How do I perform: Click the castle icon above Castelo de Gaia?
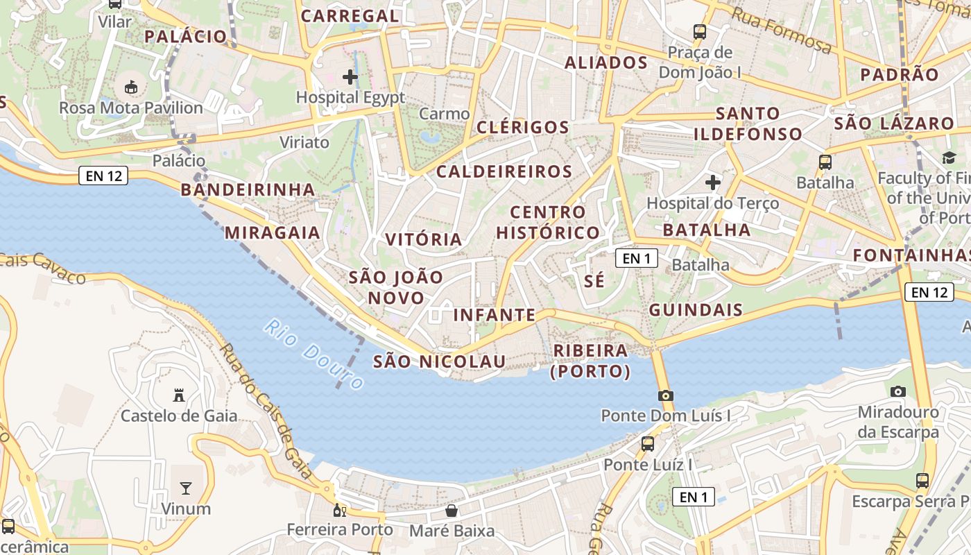[179, 395]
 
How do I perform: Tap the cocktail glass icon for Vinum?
[186, 488]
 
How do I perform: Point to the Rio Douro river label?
[314, 355]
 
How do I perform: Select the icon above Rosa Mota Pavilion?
[130, 87]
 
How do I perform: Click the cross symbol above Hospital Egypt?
[350, 76]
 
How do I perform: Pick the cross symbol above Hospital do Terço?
[712, 182]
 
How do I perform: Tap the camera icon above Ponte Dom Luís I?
[666, 395]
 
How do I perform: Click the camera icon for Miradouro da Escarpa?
[898, 391]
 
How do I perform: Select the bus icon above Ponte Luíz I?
[648, 443]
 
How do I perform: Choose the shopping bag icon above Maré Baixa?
[452, 511]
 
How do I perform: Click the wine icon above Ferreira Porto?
[340, 511]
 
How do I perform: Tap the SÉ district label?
[594, 281]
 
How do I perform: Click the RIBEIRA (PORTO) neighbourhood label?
[590, 361]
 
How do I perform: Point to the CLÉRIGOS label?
[523, 127]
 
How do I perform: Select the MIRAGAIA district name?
[273, 232]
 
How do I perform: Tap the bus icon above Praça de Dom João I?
[700, 32]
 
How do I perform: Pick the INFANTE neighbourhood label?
[495, 315]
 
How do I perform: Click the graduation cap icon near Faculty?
[948, 158]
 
